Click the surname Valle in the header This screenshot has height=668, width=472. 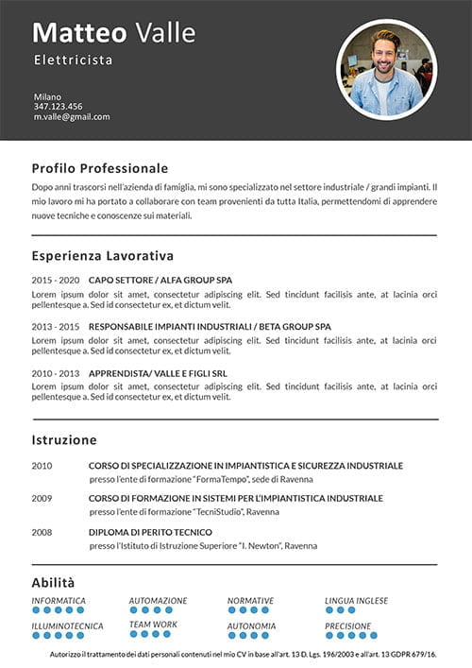pyautogui.click(x=165, y=33)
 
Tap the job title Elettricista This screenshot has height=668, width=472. pyautogui.click(x=73, y=60)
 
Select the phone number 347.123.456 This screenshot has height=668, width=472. pyautogui.click(x=58, y=107)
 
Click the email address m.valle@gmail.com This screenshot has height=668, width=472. pyautogui.click(x=72, y=117)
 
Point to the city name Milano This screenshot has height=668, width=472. pyautogui.click(x=47, y=96)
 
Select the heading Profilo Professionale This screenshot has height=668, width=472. pyautogui.click(x=99, y=168)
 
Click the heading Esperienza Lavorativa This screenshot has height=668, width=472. pyautogui.click(x=102, y=256)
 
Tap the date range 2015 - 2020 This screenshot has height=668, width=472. pyautogui.click(x=55, y=281)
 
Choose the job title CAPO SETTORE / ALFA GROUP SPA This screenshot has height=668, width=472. pyautogui.click(x=160, y=281)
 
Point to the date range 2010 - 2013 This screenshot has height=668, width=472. pyautogui.click(x=55, y=373)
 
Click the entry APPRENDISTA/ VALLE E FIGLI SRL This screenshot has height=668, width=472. pyautogui.click(x=157, y=373)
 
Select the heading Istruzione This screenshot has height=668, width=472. pyautogui.click(x=63, y=440)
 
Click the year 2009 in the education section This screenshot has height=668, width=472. pyautogui.click(x=42, y=498)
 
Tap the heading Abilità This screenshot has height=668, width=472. pyautogui.click(x=53, y=583)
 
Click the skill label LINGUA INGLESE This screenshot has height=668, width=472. pyautogui.click(x=356, y=601)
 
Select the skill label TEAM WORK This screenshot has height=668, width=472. pyautogui.click(x=153, y=625)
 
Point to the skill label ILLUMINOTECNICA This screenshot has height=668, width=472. pyautogui.click(x=67, y=625)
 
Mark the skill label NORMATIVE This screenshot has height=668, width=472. pyautogui.click(x=250, y=601)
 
